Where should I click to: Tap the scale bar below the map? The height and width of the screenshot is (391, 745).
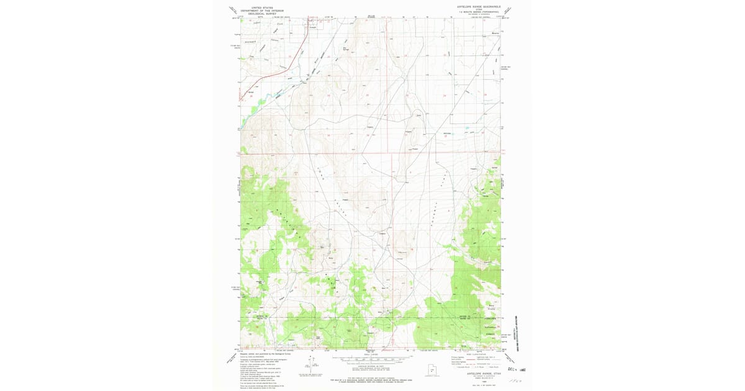(x=370, y=359)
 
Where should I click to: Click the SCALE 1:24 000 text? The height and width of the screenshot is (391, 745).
(x=371, y=354)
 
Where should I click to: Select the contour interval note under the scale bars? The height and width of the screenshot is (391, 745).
(x=371, y=369)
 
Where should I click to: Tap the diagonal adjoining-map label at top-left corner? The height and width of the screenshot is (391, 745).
(x=233, y=11)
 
